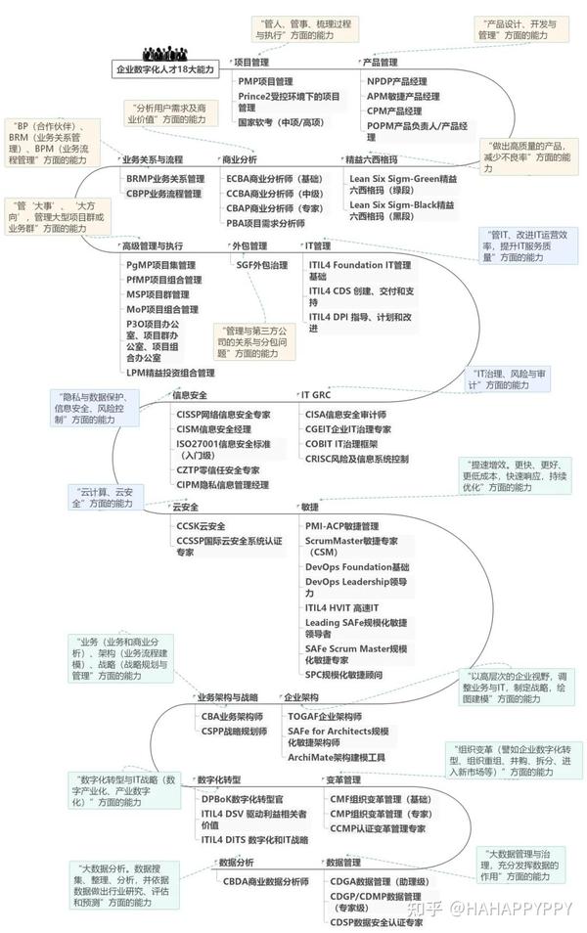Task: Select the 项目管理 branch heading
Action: coord(252,63)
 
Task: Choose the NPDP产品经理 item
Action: coord(397,81)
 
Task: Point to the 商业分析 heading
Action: coord(240,159)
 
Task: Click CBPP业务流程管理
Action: coord(163,194)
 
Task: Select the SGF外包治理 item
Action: coord(262,264)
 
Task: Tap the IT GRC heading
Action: coord(316,395)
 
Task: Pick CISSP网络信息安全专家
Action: coord(223,414)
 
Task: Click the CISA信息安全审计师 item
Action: coord(352,414)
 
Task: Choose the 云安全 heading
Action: coord(186,507)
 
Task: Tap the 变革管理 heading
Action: coord(343,779)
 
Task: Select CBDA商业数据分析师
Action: coord(265,880)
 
